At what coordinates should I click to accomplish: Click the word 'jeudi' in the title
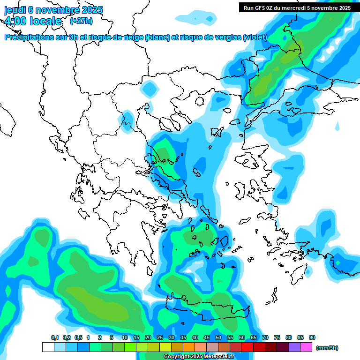tap(15, 10)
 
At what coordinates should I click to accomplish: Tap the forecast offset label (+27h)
tap(81, 21)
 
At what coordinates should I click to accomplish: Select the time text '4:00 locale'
tap(33, 21)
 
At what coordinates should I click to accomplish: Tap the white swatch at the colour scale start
tap(48, 347)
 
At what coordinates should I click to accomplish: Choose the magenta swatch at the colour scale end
tap(306, 347)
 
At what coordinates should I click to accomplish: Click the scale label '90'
tap(312, 337)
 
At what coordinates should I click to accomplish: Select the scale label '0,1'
tap(54, 337)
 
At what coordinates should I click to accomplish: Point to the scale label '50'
tap(218, 337)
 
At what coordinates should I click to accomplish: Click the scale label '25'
tap(159, 337)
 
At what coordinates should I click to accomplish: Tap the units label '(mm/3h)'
tap(327, 348)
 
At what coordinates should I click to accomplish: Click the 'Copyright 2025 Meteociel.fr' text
tap(199, 356)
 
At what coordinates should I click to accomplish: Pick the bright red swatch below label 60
tap(247, 347)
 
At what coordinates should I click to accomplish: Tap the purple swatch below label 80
tap(294, 347)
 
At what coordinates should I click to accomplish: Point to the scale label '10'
tap(124, 337)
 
